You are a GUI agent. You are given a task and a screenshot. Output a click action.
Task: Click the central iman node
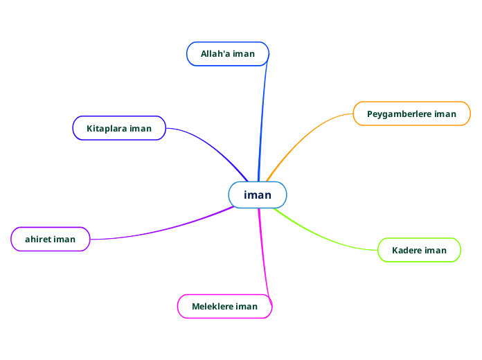click(258, 195)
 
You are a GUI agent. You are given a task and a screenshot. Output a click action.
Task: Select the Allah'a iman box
click(227, 54)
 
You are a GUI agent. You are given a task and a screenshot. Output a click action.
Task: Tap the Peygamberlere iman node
click(411, 114)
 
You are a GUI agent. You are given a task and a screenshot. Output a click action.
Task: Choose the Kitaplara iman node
click(119, 128)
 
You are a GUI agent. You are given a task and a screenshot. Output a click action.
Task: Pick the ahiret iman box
click(51, 239)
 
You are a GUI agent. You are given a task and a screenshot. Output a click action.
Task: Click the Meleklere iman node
click(224, 306)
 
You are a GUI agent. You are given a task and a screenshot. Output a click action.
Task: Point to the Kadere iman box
click(419, 250)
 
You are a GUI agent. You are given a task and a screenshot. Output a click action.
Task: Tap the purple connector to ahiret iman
click(166, 229)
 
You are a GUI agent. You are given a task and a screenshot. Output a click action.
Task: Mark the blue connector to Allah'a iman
click(262, 118)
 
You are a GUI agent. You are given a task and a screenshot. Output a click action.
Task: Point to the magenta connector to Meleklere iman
click(264, 256)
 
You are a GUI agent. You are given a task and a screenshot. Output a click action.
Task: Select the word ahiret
click(37, 239)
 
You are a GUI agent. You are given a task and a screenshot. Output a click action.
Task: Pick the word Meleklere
click(213, 306)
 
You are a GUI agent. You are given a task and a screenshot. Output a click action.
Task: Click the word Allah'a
click(215, 54)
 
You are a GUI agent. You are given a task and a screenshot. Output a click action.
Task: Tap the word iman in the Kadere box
click(436, 250)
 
